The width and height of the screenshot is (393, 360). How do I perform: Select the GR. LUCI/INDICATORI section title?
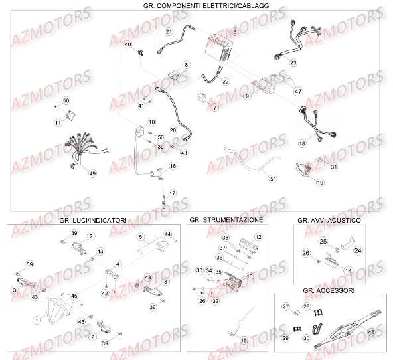click(92, 219)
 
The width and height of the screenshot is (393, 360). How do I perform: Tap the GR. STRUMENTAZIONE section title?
click(226, 219)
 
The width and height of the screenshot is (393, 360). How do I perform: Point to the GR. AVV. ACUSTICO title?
click(329, 219)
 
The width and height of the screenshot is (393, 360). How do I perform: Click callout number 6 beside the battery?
click(234, 32)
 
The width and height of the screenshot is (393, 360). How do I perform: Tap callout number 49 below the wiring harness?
click(92, 173)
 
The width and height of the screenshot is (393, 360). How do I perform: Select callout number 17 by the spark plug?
click(172, 193)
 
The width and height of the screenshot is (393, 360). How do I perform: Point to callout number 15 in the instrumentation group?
click(243, 340)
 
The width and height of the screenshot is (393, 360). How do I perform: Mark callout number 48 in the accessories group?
click(370, 333)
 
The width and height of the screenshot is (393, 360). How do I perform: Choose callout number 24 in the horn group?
click(358, 250)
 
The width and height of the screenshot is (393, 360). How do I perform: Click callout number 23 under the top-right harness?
click(293, 62)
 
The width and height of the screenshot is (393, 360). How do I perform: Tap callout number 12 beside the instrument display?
click(258, 237)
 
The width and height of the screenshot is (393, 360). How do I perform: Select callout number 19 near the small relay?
click(320, 182)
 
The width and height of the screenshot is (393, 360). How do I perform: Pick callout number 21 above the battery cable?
click(169, 32)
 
